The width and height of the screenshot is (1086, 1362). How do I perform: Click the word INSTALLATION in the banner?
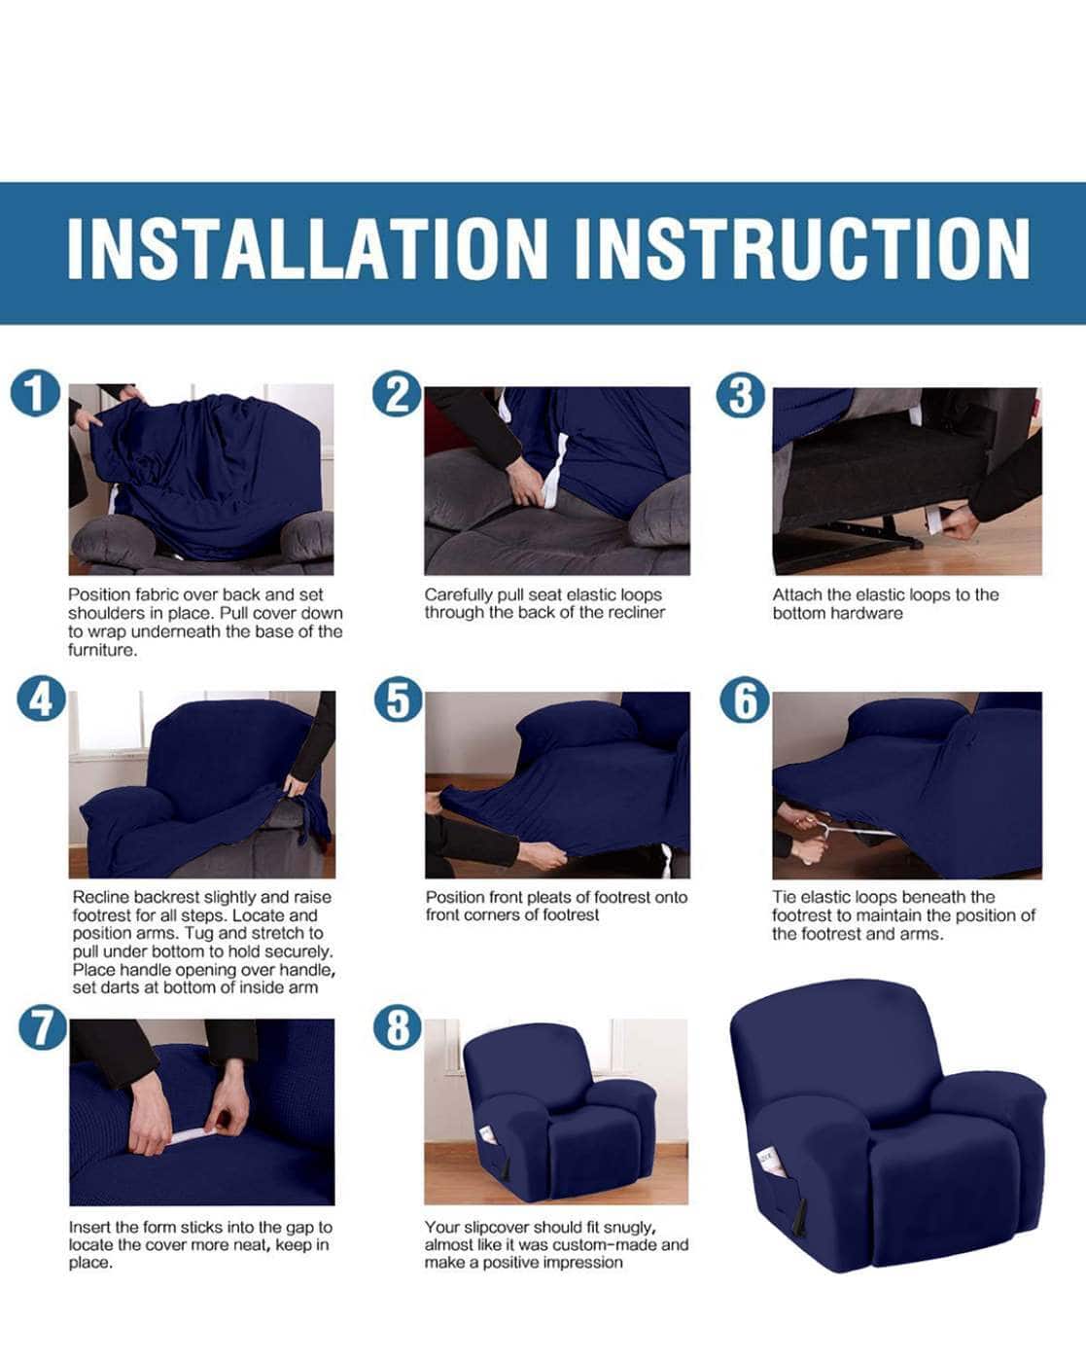[307, 250]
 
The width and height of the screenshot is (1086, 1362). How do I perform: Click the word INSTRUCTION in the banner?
[801, 250]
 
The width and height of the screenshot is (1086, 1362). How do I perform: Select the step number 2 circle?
[397, 395]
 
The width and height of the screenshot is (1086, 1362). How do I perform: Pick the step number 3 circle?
[741, 396]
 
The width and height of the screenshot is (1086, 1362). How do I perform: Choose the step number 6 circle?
[744, 700]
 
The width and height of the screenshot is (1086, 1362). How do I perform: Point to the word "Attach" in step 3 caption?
[794, 594]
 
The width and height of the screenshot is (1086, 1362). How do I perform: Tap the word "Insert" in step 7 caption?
[88, 1227]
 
